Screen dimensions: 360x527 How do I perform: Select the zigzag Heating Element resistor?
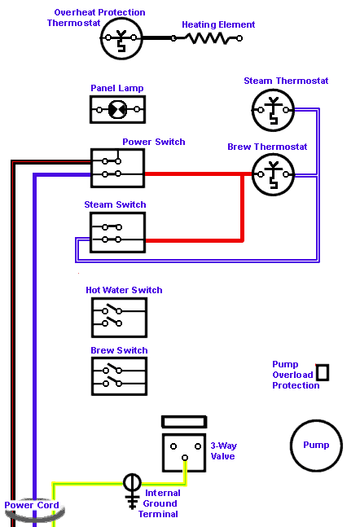(208, 38)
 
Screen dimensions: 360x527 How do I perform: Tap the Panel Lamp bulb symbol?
(118, 110)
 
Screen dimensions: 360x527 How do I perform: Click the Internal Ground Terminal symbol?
(132, 491)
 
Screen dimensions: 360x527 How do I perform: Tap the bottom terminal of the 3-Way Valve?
(185, 458)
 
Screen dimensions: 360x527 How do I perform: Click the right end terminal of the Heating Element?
(239, 38)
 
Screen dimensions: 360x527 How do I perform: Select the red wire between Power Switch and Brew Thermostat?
(198, 174)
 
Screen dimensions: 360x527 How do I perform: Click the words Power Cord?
(32, 505)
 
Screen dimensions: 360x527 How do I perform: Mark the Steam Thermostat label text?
(286, 81)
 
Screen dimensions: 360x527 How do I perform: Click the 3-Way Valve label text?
(223, 451)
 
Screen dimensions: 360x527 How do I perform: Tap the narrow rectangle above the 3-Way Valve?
(184, 422)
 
